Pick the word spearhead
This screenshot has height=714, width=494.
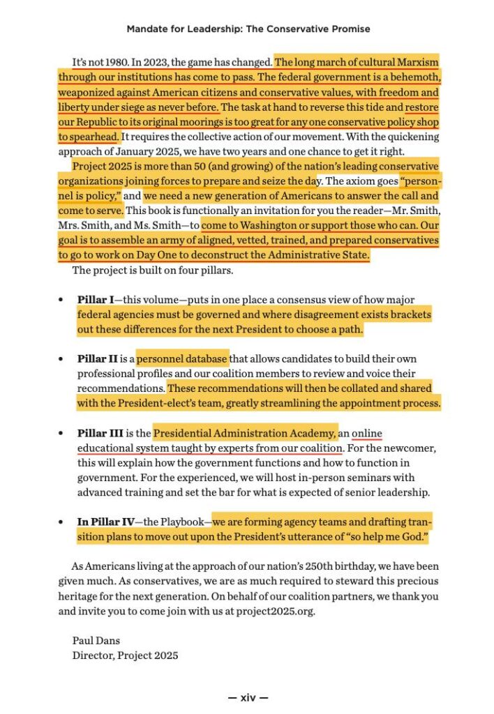(x=97, y=137)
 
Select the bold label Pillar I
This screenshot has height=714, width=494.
(x=95, y=300)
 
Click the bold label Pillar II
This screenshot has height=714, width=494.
(x=97, y=359)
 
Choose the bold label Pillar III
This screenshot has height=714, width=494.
(x=99, y=434)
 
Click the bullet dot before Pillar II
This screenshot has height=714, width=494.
(x=61, y=360)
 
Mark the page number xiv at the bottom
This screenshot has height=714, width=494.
(x=248, y=697)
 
